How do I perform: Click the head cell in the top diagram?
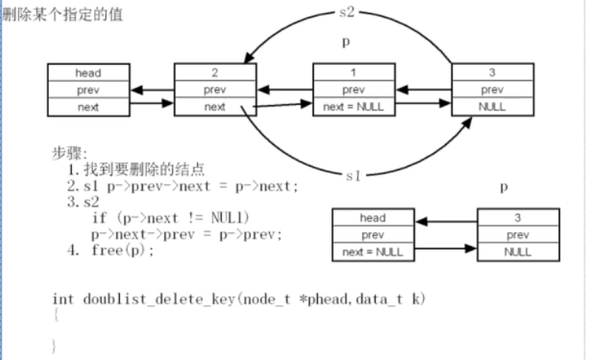[88, 73]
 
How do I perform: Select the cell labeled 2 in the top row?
[215, 73]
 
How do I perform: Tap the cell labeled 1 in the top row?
[353, 73]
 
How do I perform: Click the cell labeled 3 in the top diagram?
[492, 73]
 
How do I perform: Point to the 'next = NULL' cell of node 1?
[353, 107]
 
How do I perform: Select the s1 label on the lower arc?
[354, 175]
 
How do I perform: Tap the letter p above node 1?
[345, 43]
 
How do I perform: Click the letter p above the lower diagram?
[504, 188]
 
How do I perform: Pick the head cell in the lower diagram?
[372, 218]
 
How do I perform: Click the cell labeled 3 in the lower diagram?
[518, 218]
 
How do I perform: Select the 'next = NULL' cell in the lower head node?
[372, 253]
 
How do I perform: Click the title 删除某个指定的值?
[63, 14]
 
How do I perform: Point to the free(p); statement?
[123, 251]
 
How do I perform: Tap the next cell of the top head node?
[88, 107]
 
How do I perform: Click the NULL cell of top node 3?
[492, 107]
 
